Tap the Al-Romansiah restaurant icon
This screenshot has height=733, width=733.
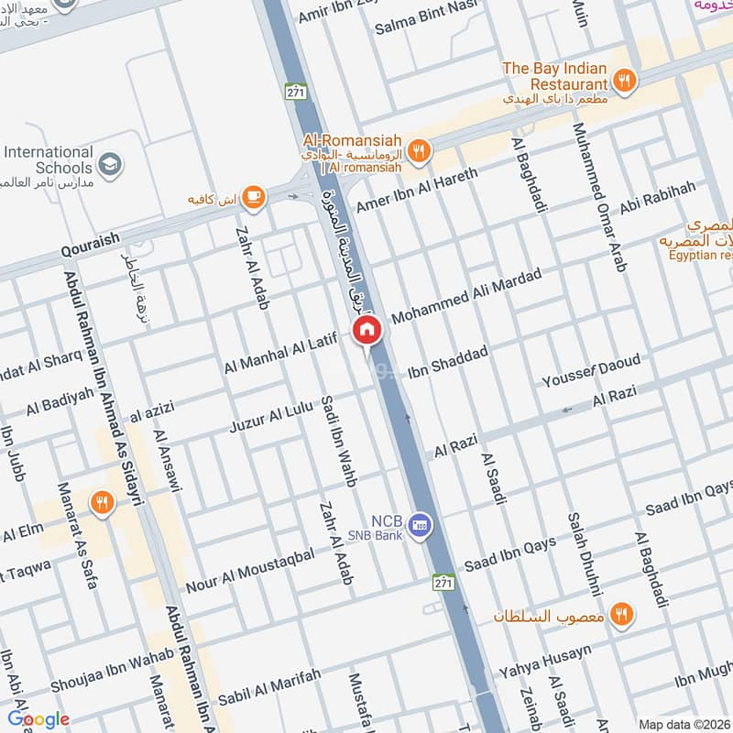tap(419, 151)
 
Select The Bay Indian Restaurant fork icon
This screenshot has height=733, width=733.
tap(624, 81)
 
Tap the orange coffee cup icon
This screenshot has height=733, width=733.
tap(255, 196)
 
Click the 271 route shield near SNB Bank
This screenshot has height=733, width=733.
tap(443, 583)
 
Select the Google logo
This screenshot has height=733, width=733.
tap(38, 719)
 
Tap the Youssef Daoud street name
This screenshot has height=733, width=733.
tap(591, 370)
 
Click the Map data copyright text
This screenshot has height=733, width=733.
tap(684, 724)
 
